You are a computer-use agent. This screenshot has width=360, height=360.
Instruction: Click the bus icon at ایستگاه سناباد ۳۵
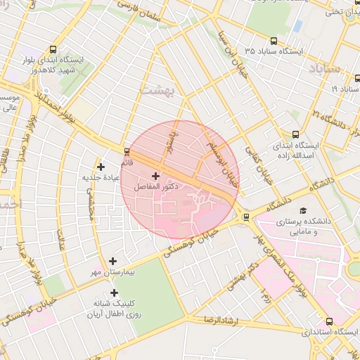(x=274, y=41)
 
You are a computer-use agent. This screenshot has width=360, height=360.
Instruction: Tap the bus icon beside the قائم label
(x=127, y=150)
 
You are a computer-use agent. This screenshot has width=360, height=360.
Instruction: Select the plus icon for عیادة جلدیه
(x=101, y=167)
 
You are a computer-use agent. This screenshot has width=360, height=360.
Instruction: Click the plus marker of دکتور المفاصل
(x=155, y=175)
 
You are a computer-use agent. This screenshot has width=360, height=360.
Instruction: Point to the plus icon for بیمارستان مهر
(x=112, y=261)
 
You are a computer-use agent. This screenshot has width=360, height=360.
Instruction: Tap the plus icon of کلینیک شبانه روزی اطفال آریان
(x=114, y=292)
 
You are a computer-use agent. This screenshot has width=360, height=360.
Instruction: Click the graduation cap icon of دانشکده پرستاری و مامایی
(x=303, y=210)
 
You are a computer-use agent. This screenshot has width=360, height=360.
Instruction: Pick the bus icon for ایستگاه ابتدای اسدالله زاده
(x=296, y=134)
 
